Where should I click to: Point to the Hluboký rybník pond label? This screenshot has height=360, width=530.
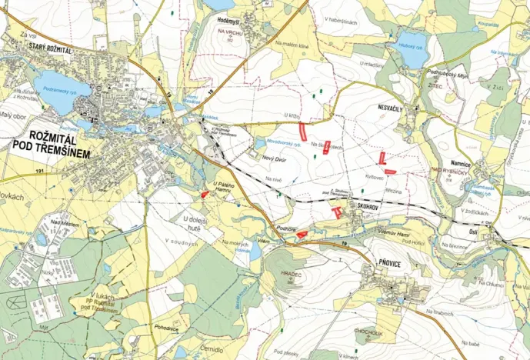(411, 45)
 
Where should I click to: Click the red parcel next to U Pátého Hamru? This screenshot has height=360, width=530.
(204, 195)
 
